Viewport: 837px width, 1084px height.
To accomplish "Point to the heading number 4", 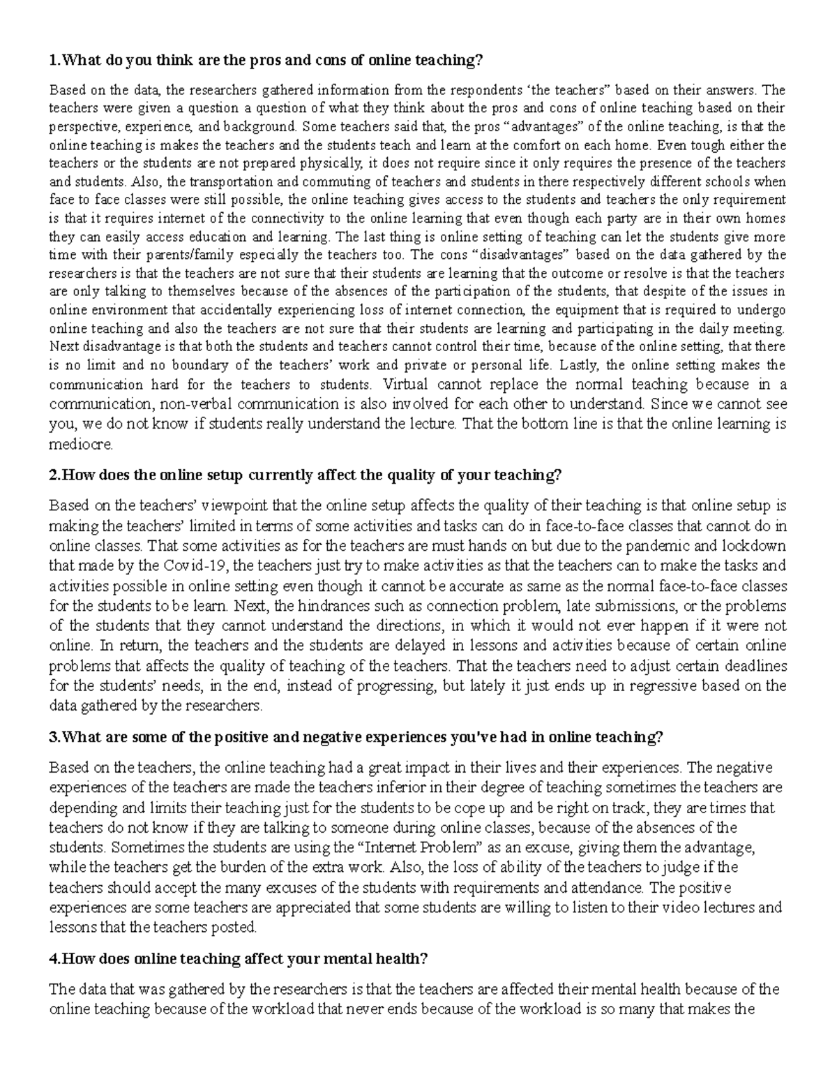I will (53, 958).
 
